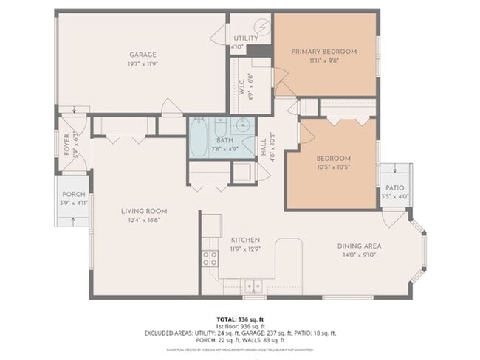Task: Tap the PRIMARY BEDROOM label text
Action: (323, 52)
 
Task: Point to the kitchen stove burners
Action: (210, 258)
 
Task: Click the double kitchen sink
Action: (253, 285)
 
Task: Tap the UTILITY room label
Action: (245, 38)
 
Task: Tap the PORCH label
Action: (73, 195)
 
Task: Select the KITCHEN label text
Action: (244, 240)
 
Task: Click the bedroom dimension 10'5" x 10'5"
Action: (334, 167)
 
